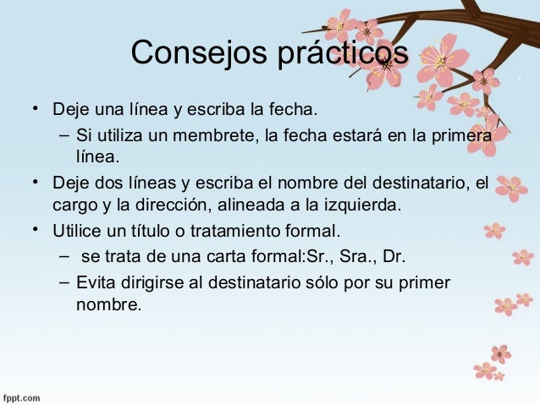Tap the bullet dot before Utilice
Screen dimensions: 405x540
point(36,228)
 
